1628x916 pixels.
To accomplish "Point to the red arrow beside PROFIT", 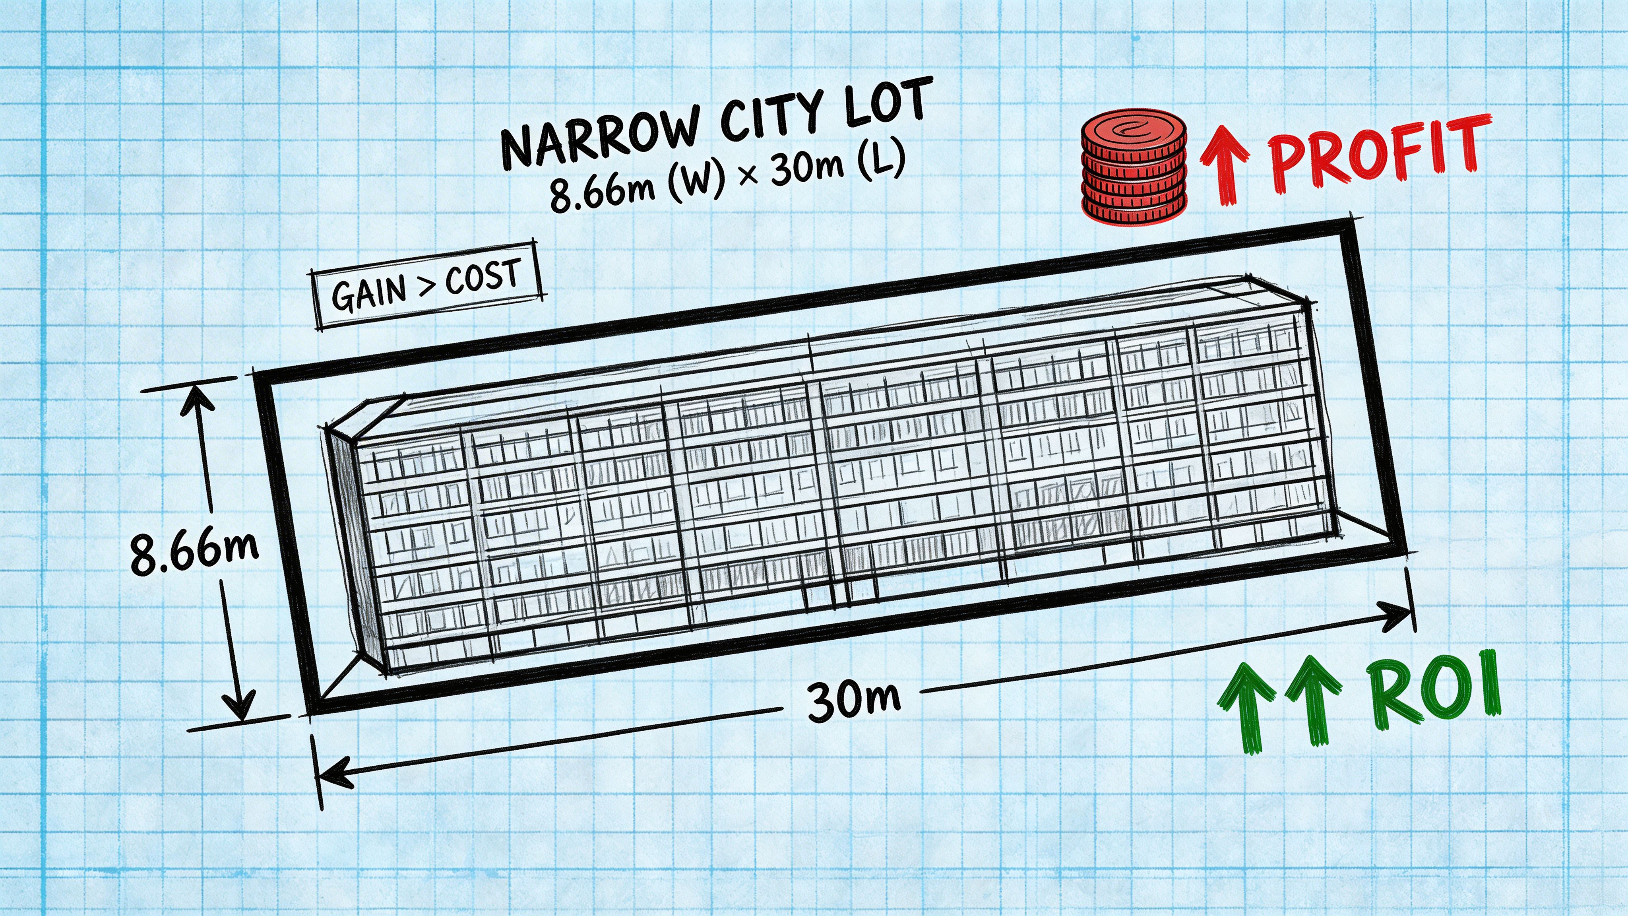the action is pyautogui.click(x=1224, y=164).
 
